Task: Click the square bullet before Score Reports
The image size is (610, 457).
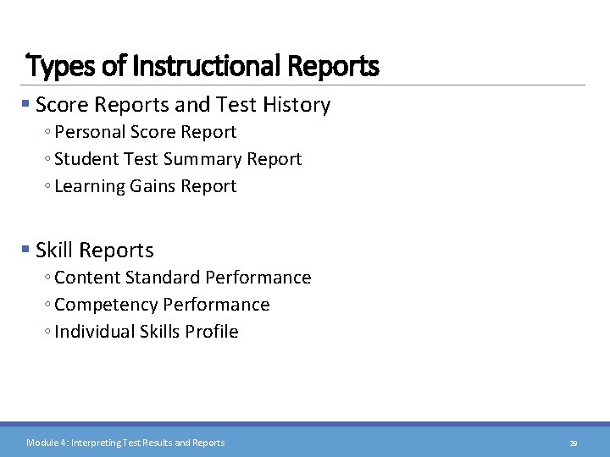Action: (x=26, y=105)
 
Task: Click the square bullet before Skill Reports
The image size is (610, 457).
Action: (x=26, y=250)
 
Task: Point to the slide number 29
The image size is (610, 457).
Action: (x=573, y=443)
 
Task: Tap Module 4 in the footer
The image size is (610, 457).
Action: (x=46, y=443)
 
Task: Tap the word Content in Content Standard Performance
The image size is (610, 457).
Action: (x=86, y=278)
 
